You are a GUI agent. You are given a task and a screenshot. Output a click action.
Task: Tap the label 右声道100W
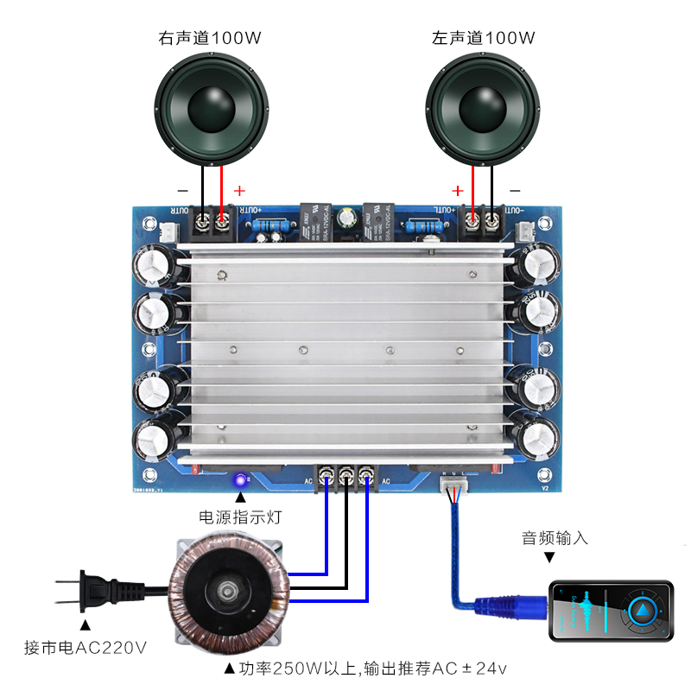pos(210,38)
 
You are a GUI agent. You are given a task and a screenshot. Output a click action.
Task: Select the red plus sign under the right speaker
pos(240,190)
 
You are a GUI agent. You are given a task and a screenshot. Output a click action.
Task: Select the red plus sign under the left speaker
pos(457,190)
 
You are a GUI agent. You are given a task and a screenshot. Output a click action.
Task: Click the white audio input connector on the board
pos(453,489)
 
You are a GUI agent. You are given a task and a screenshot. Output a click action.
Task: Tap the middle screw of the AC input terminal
pos(346,473)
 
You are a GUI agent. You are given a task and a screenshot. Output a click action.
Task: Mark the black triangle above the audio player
pos(550,558)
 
